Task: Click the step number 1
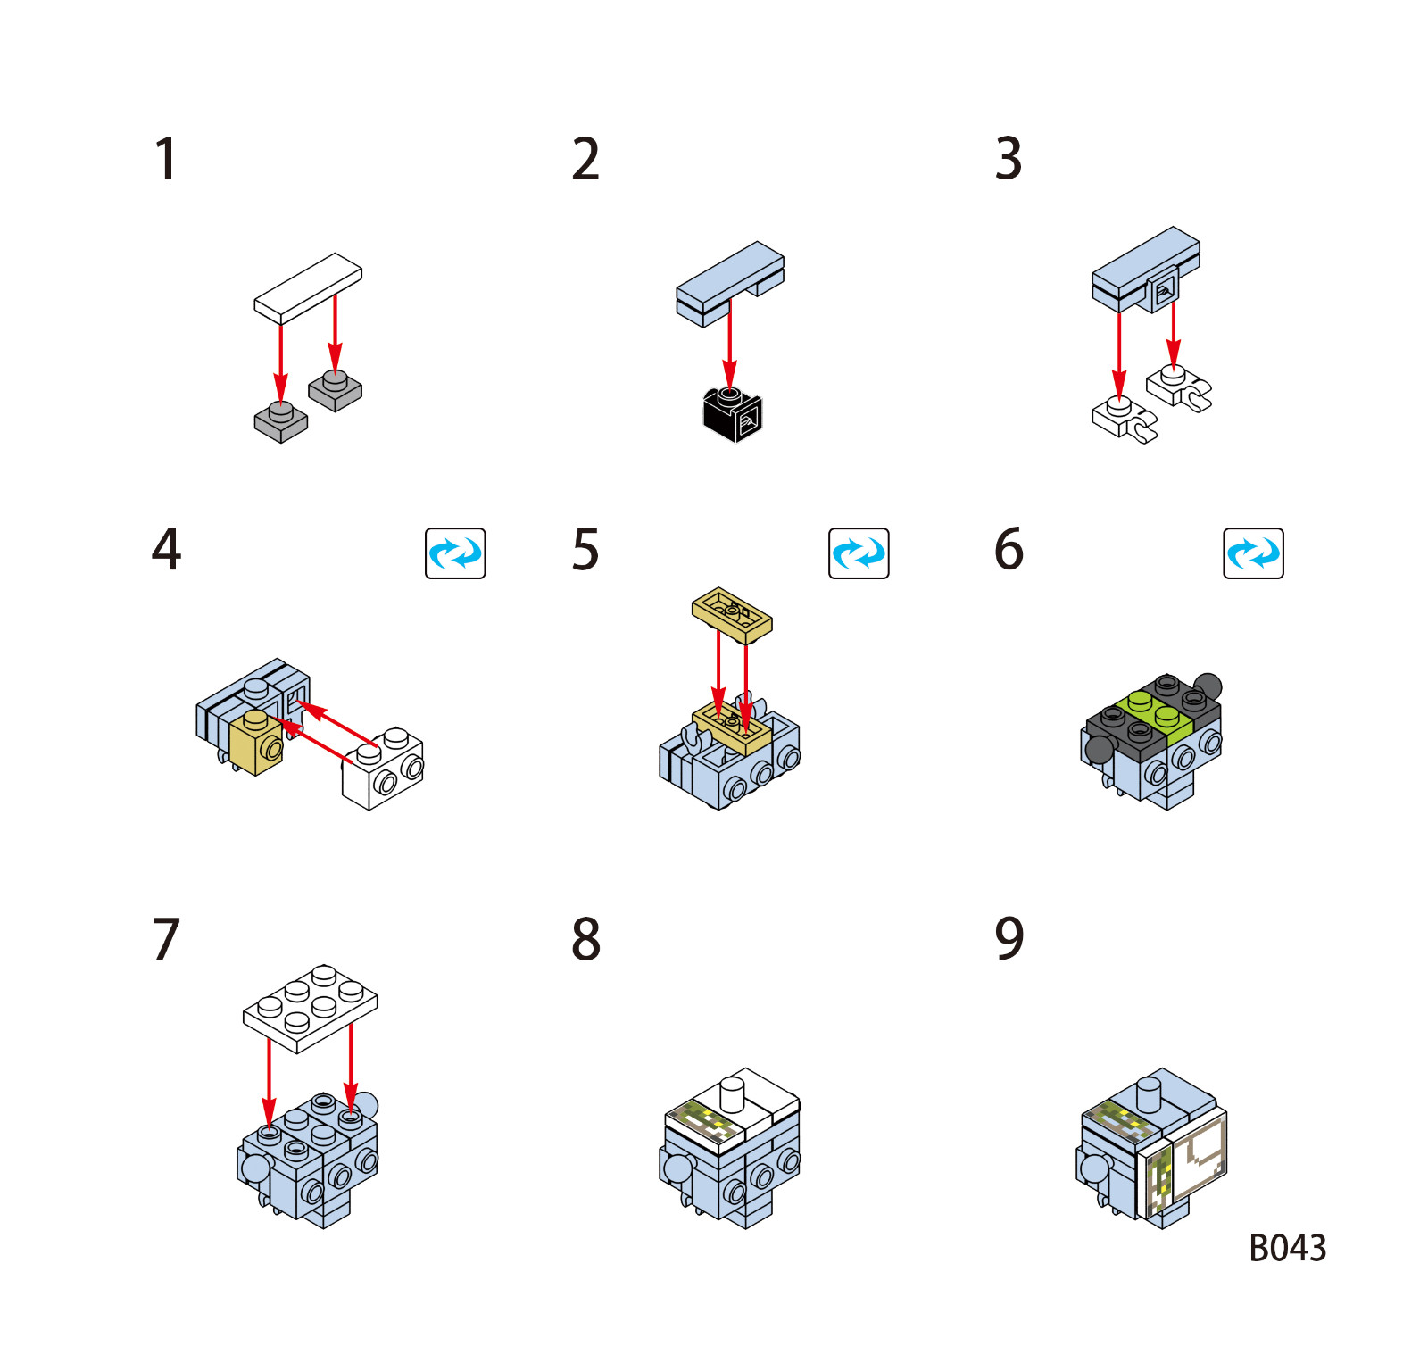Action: [166, 160]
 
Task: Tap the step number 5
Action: [585, 549]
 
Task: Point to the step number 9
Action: [1009, 938]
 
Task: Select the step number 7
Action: [166, 939]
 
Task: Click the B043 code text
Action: [1287, 1248]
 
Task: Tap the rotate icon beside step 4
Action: [455, 553]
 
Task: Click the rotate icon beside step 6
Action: [1253, 553]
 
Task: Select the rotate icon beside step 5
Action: [859, 553]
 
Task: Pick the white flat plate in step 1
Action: [308, 287]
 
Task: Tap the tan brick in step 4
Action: [256, 743]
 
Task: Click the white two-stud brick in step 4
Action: [383, 769]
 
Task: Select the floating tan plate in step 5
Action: [732, 615]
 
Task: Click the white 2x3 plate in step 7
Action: [310, 1009]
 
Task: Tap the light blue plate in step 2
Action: [730, 284]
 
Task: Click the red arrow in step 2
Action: [730, 345]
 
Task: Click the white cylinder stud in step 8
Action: [732, 1094]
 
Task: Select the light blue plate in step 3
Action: [1146, 268]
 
